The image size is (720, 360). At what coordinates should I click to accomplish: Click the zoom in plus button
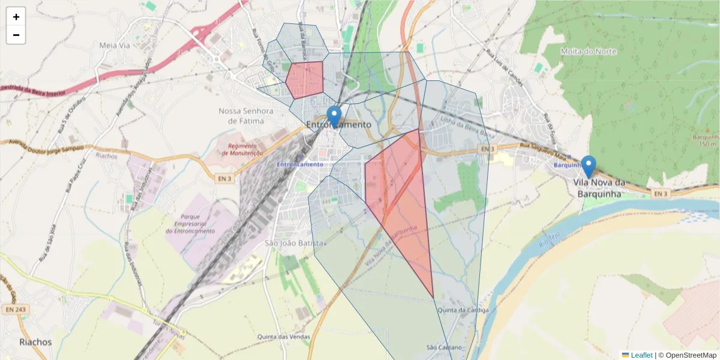point(16,17)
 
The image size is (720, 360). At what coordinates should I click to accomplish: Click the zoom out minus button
point(16,35)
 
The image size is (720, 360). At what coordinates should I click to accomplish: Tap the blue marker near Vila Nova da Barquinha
point(589,166)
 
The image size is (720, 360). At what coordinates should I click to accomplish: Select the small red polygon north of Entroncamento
point(305,79)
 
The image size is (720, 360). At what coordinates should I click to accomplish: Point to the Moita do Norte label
point(589,52)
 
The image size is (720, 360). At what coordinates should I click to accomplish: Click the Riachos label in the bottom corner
point(35,342)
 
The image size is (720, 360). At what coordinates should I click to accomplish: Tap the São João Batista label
point(294,243)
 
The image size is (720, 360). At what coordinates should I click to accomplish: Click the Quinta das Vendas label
point(284,337)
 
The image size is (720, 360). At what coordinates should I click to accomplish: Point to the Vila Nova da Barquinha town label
point(599,188)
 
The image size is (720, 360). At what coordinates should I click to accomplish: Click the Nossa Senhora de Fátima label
point(246,116)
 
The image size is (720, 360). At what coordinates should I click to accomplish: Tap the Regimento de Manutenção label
point(242,149)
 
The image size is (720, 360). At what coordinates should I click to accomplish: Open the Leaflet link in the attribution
point(641,355)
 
